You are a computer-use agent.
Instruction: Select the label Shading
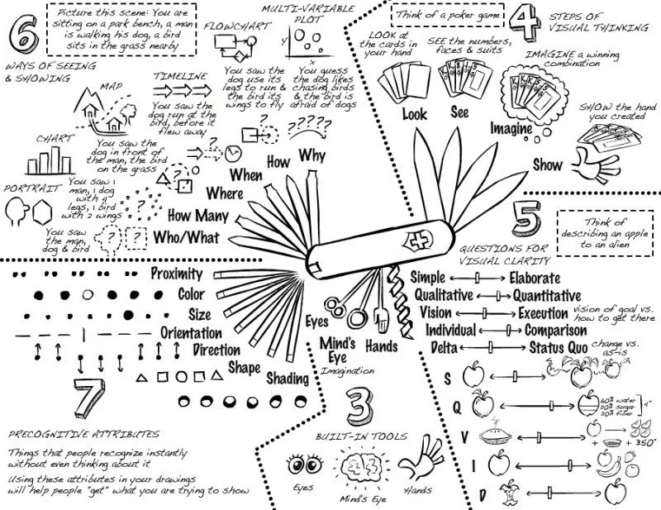(288, 379)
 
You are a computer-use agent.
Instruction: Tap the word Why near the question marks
(313, 155)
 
